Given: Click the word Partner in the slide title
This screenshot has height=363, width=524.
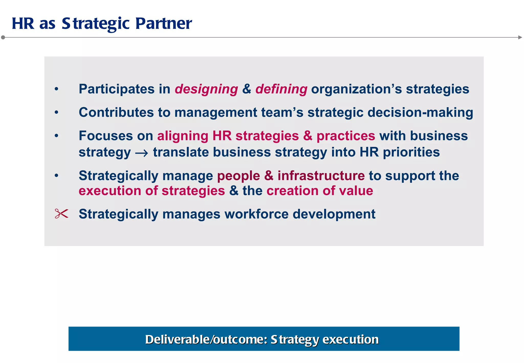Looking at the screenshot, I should pyautogui.click(x=163, y=24).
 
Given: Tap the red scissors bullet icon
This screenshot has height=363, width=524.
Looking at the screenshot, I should pyautogui.click(x=61, y=213).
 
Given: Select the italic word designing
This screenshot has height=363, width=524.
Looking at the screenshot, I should pyautogui.click(x=206, y=89).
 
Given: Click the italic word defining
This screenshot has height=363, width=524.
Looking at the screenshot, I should pyautogui.click(x=281, y=89).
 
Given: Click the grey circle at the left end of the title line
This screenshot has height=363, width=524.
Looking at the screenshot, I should pyautogui.click(x=3, y=37).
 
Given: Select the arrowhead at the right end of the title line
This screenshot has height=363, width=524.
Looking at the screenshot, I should pyautogui.click(x=520, y=37).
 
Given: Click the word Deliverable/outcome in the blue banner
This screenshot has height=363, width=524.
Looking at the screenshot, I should pyautogui.click(x=206, y=339).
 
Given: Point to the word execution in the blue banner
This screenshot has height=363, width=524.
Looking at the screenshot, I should pyautogui.click(x=350, y=339).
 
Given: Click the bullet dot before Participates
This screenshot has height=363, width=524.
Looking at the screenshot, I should pyautogui.click(x=57, y=89).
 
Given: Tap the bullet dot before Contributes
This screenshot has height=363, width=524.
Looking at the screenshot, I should pyautogui.click(x=57, y=112).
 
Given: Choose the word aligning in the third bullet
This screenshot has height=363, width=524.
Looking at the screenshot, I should pyautogui.click(x=183, y=136).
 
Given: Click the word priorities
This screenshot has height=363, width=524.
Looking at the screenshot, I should pyautogui.click(x=411, y=152).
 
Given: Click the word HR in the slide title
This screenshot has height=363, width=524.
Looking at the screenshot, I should pyautogui.click(x=23, y=24).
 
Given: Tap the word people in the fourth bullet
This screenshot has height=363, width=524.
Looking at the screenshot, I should pyautogui.click(x=238, y=176).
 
